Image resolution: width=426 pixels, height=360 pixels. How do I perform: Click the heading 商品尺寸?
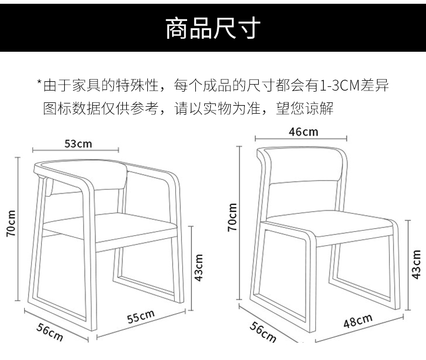212,29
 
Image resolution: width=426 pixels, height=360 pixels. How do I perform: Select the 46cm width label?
303,131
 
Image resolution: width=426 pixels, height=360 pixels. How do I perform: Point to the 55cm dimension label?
141,316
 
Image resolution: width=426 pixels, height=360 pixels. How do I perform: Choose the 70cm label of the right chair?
232,217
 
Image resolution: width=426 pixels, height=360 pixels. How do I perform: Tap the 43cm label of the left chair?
198,268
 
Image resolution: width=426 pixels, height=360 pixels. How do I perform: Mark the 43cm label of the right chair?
416,265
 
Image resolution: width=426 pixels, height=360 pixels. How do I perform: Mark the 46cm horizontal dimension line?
302,139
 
